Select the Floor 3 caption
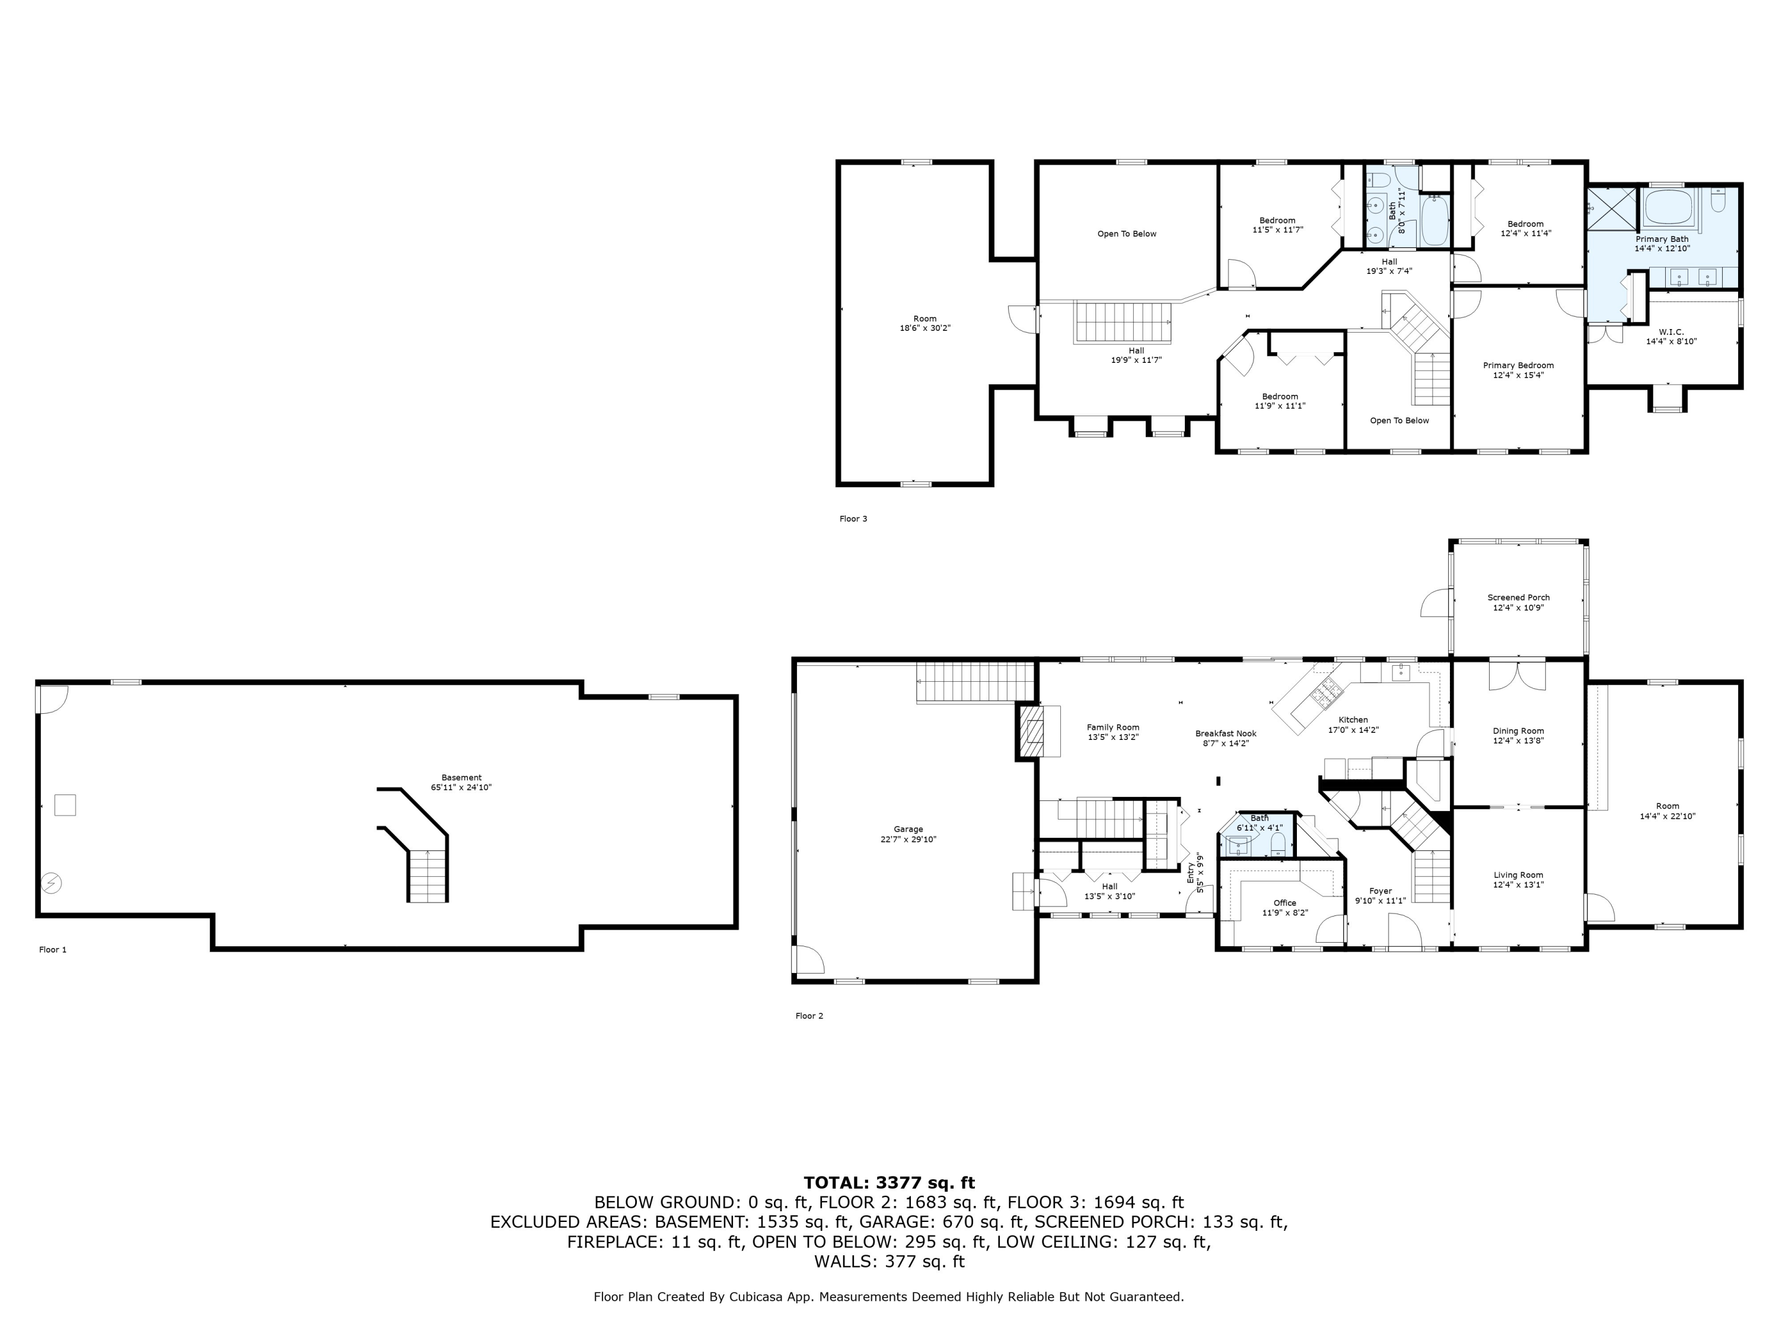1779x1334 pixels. point(853,519)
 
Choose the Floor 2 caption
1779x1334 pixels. point(809,1016)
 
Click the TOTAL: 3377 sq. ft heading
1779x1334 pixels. point(889,1183)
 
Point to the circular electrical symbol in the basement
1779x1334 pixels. point(50,883)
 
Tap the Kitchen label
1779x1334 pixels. point(1353,720)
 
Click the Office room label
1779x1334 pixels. point(1284,903)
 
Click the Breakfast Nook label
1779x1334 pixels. point(1226,733)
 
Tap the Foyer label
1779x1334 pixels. point(1380,891)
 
